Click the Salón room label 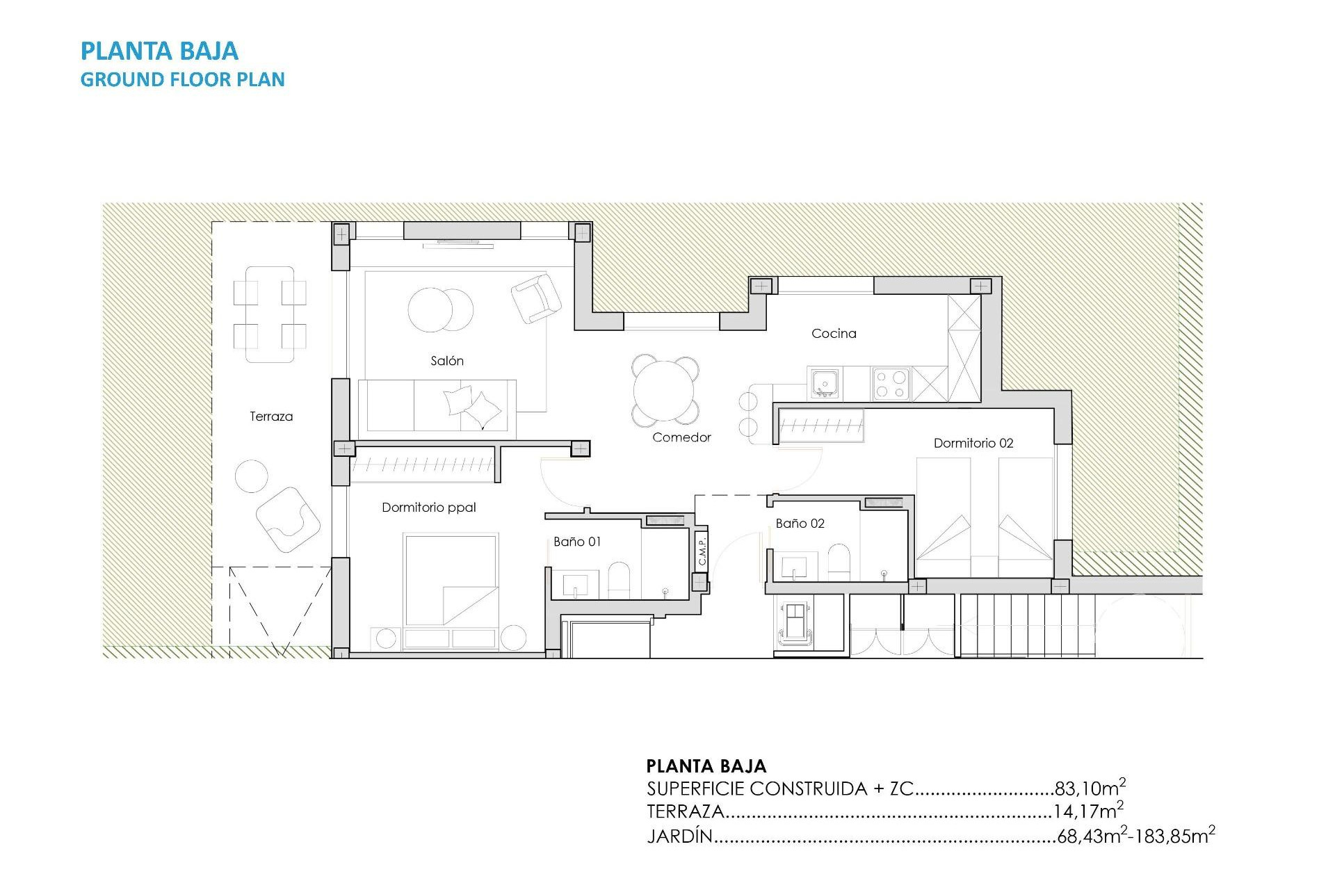tap(446, 361)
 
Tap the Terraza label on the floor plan tap(271, 416)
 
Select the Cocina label tap(834, 334)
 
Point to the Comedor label tap(681, 437)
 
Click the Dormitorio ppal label tap(428, 508)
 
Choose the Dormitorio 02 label tap(973, 443)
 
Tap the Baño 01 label tap(577, 542)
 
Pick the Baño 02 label tap(800, 524)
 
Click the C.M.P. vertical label tap(702, 551)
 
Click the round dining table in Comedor tap(665, 391)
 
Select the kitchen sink tap(825, 382)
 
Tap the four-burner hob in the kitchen tap(891, 383)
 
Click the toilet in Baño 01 tap(619, 580)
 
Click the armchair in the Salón tap(535, 298)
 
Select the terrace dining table tap(270, 314)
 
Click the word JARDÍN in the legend tap(679, 836)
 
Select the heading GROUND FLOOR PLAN tap(182, 79)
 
